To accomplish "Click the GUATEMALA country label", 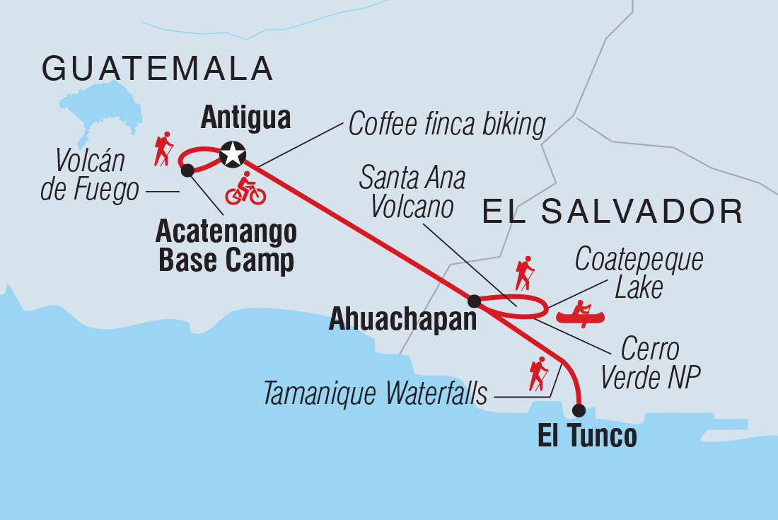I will point(157,69).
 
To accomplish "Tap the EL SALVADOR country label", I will point(612,212).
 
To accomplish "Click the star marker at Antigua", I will point(232,154).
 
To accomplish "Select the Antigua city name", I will point(245,118).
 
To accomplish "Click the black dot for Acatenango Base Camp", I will point(187,170).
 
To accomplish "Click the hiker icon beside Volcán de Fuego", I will point(164,149).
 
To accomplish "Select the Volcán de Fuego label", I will point(89,176).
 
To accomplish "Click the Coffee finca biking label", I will point(447,125).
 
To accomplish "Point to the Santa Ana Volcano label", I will point(412,193).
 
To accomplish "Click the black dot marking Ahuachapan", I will point(475,301).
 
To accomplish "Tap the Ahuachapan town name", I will point(403,320).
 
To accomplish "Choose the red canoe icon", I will point(580,313).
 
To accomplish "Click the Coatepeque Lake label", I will point(639,273).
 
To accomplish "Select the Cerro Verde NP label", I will point(649,364).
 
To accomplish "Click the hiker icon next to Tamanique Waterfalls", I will point(538,374).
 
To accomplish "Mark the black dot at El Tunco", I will point(579,410).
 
